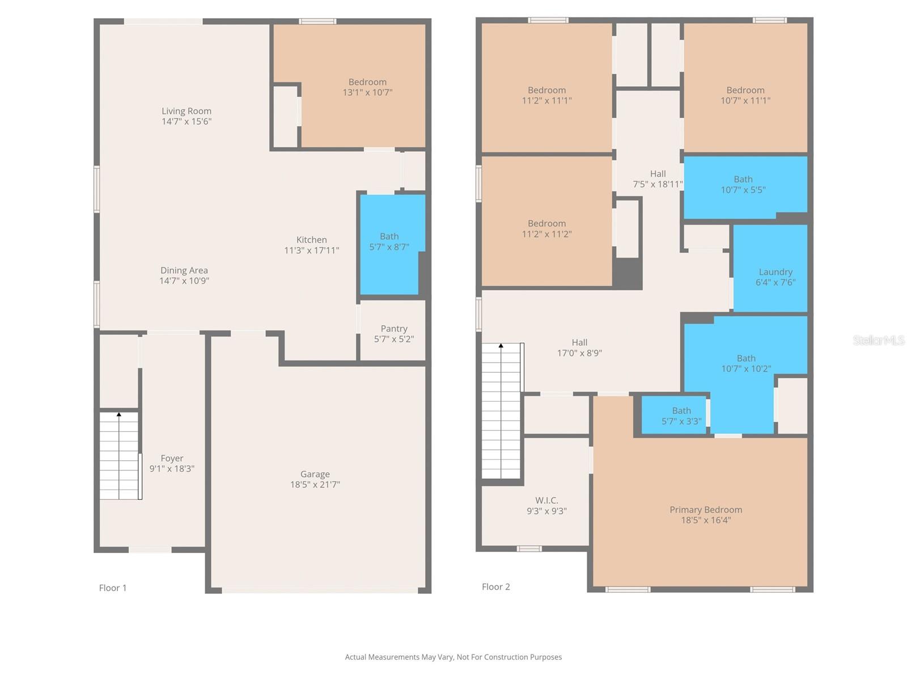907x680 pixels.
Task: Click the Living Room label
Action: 187,112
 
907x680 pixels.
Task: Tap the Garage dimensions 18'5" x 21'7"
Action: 315,484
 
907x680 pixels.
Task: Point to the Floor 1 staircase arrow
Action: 119,415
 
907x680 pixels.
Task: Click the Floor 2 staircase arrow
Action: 501,345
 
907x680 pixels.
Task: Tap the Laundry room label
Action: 775,272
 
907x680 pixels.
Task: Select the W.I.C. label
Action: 546,500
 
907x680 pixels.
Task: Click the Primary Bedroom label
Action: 706,509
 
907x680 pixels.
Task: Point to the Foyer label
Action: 172,458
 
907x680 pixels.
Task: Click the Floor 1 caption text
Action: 113,588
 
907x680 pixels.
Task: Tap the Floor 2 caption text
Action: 496,586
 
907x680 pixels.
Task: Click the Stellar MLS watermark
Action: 879,340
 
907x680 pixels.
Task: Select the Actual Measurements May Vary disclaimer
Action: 453,657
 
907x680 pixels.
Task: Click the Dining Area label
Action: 184,270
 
